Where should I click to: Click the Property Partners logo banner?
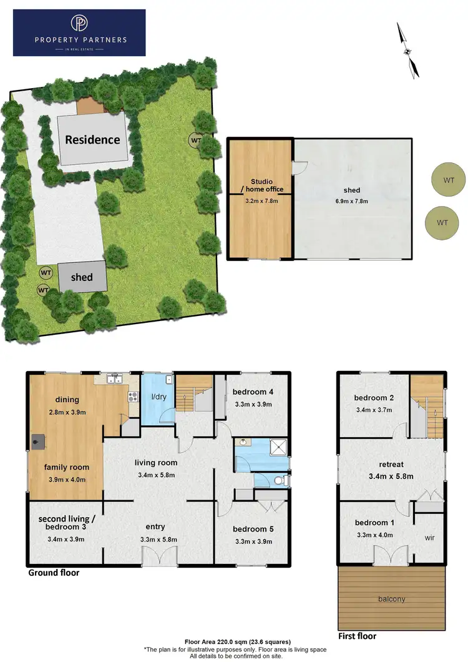pyautogui.click(x=79, y=32)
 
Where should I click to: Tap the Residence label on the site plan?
pyautogui.click(x=92, y=139)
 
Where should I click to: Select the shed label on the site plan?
pyautogui.click(x=82, y=277)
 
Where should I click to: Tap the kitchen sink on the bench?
pyautogui.click(x=114, y=378)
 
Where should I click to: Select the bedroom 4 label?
pyautogui.click(x=253, y=392)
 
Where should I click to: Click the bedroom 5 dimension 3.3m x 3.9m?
pyautogui.click(x=253, y=541)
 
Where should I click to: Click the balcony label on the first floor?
pyautogui.click(x=391, y=599)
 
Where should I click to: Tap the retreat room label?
pyautogui.click(x=391, y=464)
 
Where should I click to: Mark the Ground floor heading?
pyautogui.click(x=54, y=572)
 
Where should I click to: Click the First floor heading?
pyautogui.click(x=357, y=636)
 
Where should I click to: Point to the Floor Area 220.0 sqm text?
pyautogui.click(x=237, y=641)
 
